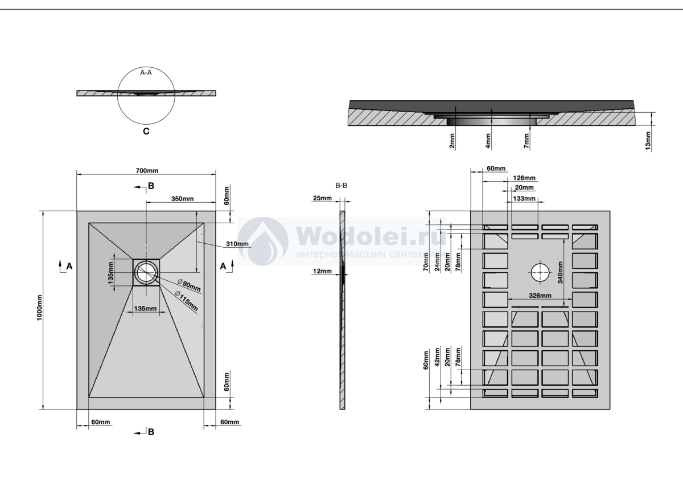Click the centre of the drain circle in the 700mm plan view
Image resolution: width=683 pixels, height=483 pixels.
click(146, 272)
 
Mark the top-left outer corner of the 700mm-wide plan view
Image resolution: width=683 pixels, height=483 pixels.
click(77, 211)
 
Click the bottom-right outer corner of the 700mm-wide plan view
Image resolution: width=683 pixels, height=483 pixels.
click(216, 409)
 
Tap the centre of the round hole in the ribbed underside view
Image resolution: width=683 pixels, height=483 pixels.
click(540, 272)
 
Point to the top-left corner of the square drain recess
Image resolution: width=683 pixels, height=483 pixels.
click(133, 259)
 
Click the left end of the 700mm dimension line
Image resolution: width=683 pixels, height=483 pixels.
click(77, 174)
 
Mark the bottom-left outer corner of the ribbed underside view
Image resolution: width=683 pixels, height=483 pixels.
click(471, 409)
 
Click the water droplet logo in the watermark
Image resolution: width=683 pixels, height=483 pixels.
click(263, 241)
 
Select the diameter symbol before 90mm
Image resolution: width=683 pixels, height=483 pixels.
click(180, 281)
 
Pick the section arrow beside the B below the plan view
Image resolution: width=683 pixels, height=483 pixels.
click(140, 433)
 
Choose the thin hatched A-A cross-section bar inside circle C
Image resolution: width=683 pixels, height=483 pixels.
click(146, 93)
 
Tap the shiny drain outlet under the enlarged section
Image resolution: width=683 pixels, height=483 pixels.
click(491, 121)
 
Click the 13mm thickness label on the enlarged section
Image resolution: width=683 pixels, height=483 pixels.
click(648, 141)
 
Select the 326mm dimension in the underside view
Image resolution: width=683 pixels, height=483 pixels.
click(540, 296)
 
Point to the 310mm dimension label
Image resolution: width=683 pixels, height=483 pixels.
click(237, 244)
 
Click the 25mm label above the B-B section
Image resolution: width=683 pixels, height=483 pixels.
click(322, 198)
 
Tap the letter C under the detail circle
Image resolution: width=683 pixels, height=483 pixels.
click(146, 131)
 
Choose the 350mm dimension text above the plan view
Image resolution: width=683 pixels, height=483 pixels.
click(182, 199)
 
